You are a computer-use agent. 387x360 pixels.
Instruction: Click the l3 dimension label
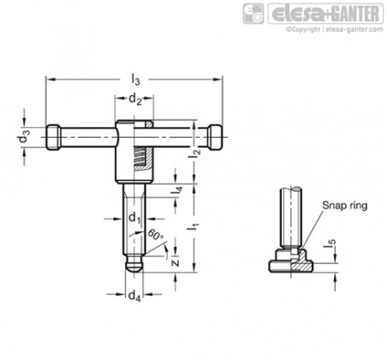pos(135,80)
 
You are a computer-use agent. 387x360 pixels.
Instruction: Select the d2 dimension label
pos(135,99)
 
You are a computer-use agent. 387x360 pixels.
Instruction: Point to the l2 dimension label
pos(195,155)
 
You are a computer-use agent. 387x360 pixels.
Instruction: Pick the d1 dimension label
pos(134,219)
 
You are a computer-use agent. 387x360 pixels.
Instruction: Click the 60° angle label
pos(156,235)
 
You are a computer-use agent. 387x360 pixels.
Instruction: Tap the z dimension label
pos(176,262)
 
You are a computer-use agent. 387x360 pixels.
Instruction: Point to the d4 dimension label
pos(134,297)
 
